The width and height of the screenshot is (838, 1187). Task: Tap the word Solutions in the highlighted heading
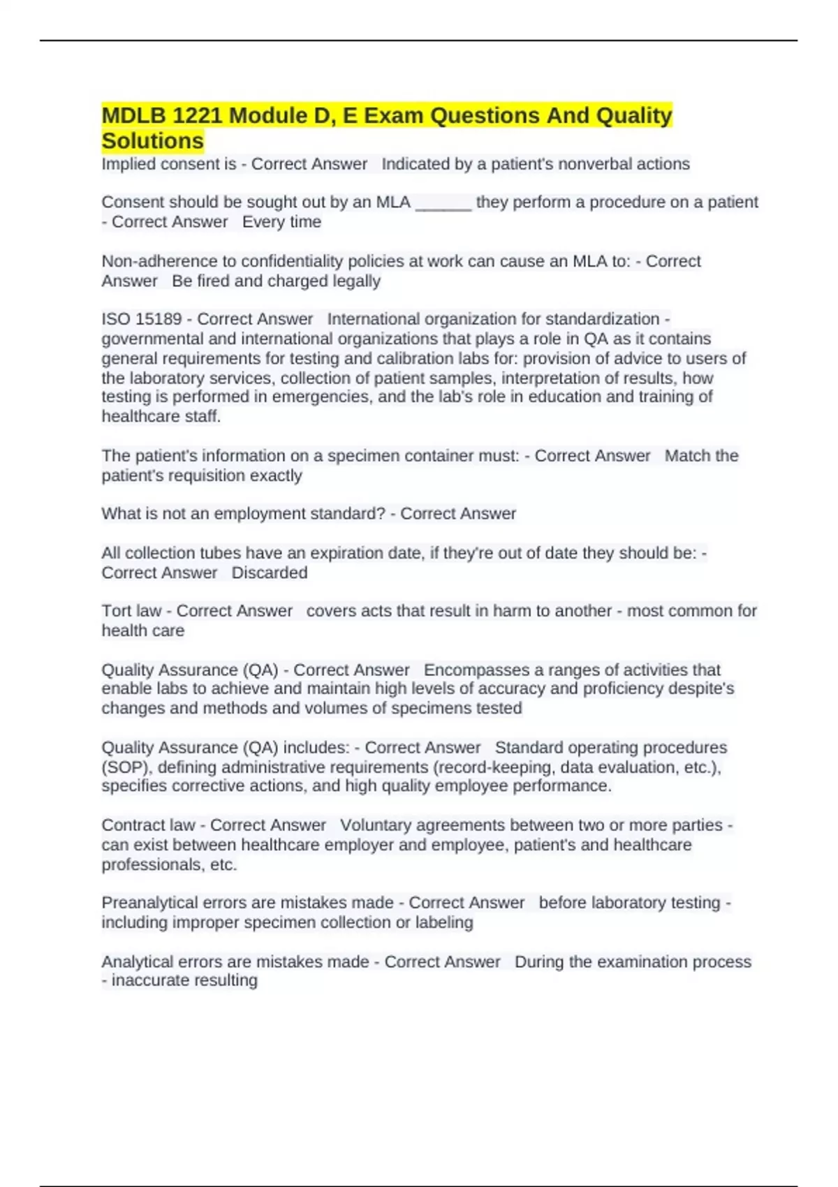pyautogui.click(x=152, y=141)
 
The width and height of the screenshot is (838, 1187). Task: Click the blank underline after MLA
pyautogui.click(x=443, y=202)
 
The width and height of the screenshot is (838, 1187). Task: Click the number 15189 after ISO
pyautogui.click(x=159, y=319)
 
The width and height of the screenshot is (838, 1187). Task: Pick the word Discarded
pyautogui.click(x=270, y=573)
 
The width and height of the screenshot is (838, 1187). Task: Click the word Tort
pyautogui.click(x=116, y=611)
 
